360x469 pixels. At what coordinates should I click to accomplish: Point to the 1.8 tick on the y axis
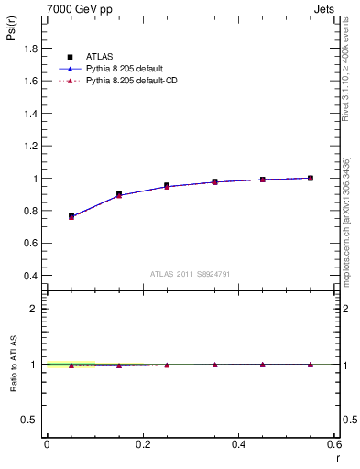29,50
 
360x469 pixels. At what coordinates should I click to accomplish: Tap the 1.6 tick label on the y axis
29,81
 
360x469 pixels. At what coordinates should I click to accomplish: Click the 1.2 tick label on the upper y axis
29,146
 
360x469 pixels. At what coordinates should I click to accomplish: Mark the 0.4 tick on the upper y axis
29,276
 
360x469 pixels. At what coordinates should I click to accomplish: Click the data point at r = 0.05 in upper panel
71,216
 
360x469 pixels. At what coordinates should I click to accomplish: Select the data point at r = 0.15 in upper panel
119,194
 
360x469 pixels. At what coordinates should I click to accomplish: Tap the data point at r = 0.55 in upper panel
311,178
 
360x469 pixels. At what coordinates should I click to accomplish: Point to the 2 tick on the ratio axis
35,309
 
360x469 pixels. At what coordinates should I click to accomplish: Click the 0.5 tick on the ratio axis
31,420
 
